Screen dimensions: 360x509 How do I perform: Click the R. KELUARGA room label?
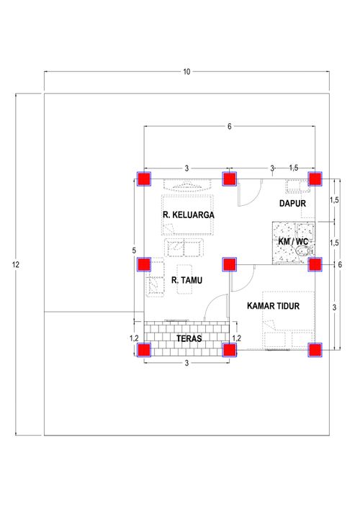pos(188,215)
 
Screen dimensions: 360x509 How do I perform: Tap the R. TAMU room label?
pos(186,280)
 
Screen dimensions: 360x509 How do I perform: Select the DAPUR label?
pos(292,204)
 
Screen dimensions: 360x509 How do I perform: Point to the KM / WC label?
pos(293,242)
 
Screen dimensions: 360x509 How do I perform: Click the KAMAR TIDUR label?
pos(273,306)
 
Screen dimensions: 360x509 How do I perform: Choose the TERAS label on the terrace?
pos(189,338)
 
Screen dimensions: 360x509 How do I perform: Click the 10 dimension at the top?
pos(186,72)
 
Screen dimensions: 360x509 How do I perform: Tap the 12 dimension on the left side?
pos(16,264)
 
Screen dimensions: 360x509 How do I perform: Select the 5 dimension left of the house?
pos(134,251)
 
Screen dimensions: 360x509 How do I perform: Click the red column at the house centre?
pos(230,264)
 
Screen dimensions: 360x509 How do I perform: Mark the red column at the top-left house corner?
pos(144,179)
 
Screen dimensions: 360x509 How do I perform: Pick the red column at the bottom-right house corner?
pos(315,351)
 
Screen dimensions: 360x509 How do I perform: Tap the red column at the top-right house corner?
pos(315,179)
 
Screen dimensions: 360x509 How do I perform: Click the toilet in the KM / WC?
pos(304,251)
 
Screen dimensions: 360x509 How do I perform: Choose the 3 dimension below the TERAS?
pos(186,363)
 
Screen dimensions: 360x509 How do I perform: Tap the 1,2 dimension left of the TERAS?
pos(134,338)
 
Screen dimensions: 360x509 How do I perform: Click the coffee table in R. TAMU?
pos(184,279)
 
